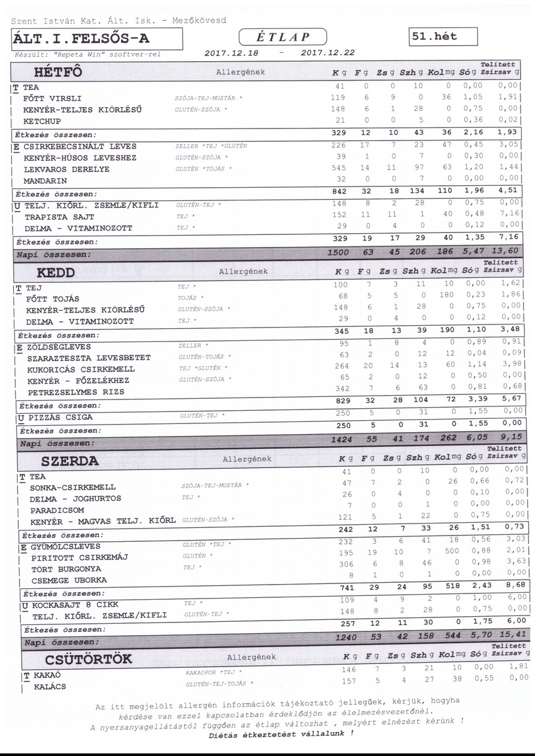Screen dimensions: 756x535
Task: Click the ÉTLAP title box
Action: (x=284, y=37)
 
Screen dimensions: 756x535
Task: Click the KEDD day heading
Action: (x=56, y=273)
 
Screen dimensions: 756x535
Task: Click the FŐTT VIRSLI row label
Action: (x=52, y=99)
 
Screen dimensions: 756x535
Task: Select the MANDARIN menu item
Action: (x=45, y=181)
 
